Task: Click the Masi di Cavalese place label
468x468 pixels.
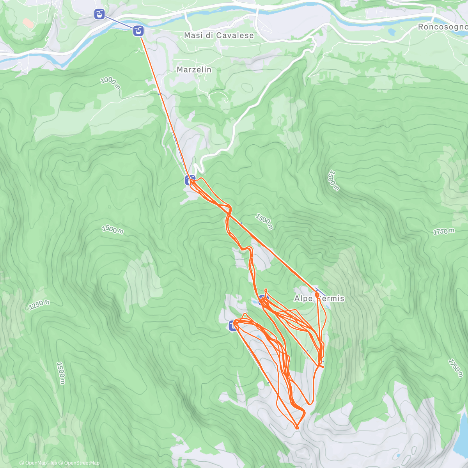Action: (x=219, y=35)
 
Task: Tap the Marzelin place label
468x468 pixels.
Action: (x=194, y=70)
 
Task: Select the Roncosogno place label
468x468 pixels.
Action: (x=442, y=27)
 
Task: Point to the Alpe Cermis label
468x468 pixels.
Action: (x=319, y=299)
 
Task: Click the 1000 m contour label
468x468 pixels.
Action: (x=110, y=83)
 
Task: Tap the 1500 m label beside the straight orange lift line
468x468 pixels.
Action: (x=264, y=221)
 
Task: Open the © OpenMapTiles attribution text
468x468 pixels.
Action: (x=38, y=463)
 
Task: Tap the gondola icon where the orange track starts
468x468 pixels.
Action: (x=138, y=30)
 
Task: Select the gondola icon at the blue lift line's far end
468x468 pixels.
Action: (x=99, y=15)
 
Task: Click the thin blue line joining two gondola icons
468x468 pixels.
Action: (x=119, y=22)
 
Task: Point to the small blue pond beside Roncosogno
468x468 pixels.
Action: (x=392, y=31)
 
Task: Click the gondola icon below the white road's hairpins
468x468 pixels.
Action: (x=190, y=180)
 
